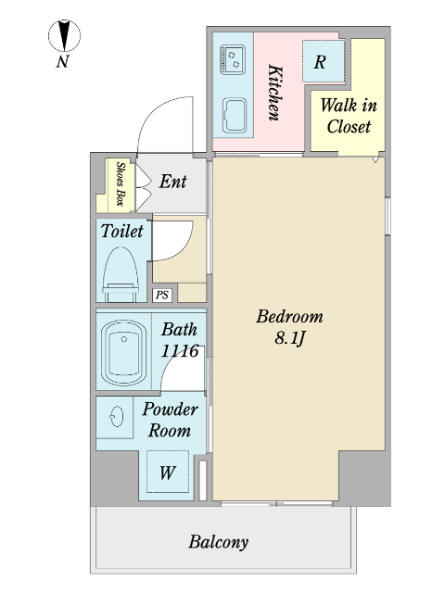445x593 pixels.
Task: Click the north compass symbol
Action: tap(64, 35)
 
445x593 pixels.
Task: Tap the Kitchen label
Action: tap(275, 93)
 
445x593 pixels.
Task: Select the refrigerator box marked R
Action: tap(324, 61)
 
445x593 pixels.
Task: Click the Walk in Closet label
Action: tap(349, 116)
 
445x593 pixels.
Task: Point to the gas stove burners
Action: tap(233, 59)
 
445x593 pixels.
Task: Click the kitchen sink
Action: tap(234, 115)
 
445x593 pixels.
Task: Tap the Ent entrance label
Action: tap(172, 182)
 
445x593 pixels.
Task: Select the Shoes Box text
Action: tap(121, 183)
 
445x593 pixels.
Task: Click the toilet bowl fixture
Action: tap(121, 274)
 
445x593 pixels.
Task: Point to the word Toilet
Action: tap(121, 231)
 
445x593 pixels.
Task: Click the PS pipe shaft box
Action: tap(162, 295)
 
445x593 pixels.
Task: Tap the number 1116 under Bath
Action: tap(180, 351)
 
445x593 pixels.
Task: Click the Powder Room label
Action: tap(170, 420)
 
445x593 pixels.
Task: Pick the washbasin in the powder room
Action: tap(117, 416)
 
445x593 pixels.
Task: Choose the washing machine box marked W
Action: tap(168, 472)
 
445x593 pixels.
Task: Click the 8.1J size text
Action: tap(289, 338)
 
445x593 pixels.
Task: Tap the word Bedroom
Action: tap(289, 317)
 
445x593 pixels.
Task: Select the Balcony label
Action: tap(219, 542)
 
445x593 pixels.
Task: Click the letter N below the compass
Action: tap(63, 61)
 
